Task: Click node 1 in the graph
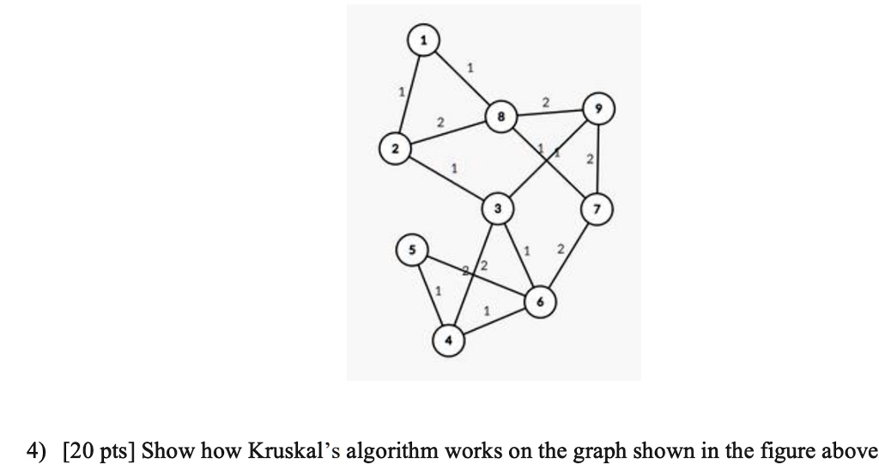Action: (x=422, y=39)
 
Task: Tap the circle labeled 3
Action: (x=497, y=208)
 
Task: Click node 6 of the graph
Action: (x=539, y=302)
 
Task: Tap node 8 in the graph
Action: (x=500, y=116)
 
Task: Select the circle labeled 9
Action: (x=597, y=109)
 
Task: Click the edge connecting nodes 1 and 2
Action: (x=409, y=93)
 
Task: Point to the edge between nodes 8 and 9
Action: (x=549, y=113)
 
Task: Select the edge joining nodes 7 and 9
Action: (x=597, y=159)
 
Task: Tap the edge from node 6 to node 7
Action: (x=568, y=254)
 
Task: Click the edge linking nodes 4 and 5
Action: (x=428, y=294)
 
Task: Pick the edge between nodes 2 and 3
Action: (x=446, y=178)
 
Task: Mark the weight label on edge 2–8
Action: (x=440, y=125)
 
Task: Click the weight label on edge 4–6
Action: (x=487, y=310)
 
